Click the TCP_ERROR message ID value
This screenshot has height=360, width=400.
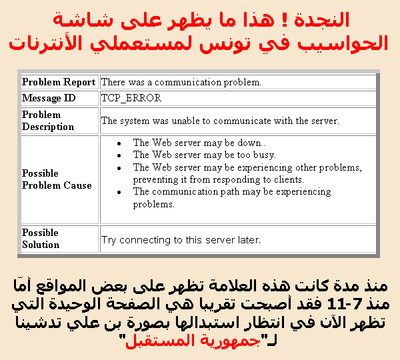tap(131, 98)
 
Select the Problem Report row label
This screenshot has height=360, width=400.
tap(59, 82)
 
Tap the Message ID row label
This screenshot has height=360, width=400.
tap(49, 98)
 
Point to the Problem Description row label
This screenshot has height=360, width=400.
tap(48, 121)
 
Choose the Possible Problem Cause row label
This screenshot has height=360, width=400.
tap(57, 179)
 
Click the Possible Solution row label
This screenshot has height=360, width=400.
tap(41, 239)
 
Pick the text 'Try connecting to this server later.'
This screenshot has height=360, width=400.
tap(181, 240)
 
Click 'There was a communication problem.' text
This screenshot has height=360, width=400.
tap(181, 82)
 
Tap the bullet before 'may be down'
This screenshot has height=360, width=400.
tap(119, 143)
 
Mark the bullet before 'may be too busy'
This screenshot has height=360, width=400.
tap(119, 155)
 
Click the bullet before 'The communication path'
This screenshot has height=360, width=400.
tap(119, 193)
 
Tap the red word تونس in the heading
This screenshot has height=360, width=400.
tap(224, 44)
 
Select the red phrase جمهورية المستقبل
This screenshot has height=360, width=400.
tap(193, 341)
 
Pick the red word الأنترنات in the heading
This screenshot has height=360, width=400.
tap(45, 43)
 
